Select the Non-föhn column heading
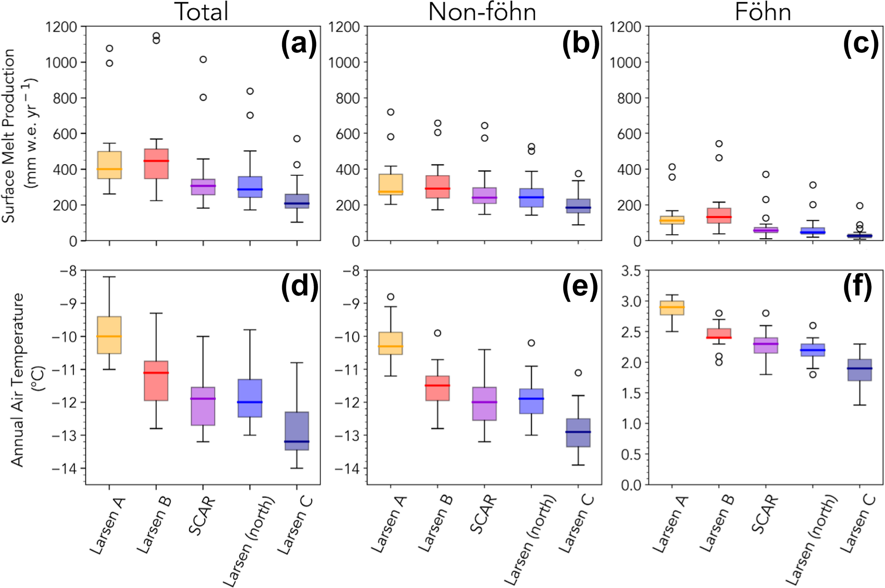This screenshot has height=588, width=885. (482, 12)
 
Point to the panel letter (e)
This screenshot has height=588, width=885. (580, 287)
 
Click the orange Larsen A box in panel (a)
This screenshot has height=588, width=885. (109, 165)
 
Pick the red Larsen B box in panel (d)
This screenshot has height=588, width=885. (156, 381)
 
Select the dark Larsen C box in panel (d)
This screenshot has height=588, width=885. (297, 431)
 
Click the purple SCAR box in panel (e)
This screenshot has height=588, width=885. (484, 404)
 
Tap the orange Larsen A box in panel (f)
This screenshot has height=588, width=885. (672, 308)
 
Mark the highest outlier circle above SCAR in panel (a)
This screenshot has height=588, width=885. (203, 59)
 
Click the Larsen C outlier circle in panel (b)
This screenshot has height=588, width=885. (578, 174)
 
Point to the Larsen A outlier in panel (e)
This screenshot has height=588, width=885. (390, 297)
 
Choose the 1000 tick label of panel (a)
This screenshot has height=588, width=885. (62, 62)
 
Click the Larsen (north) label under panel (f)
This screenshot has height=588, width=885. (811, 540)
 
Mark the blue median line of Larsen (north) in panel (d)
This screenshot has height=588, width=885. (250, 402)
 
